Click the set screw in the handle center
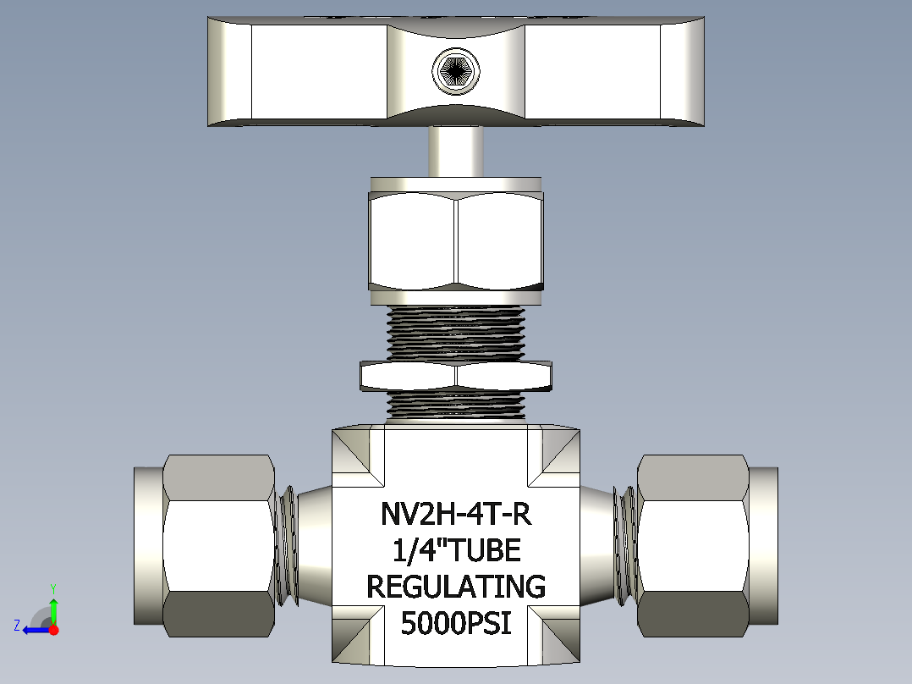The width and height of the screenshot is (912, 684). (x=456, y=71)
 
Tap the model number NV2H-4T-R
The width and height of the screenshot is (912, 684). (x=456, y=514)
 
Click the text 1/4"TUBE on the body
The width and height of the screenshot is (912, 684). (x=457, y=550)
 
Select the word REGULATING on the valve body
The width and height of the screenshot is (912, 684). (x=456, y=587)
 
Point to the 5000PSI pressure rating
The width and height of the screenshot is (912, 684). (x=456, y=623)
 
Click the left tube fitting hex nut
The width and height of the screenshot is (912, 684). (x=218, y=545)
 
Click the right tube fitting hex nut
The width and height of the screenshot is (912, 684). (x=694, y=545)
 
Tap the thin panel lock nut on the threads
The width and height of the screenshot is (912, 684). (x=456, y=376)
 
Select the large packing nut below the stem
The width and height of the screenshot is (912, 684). (x=456, y=241)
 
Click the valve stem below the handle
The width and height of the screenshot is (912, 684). (x=456, y=152)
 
